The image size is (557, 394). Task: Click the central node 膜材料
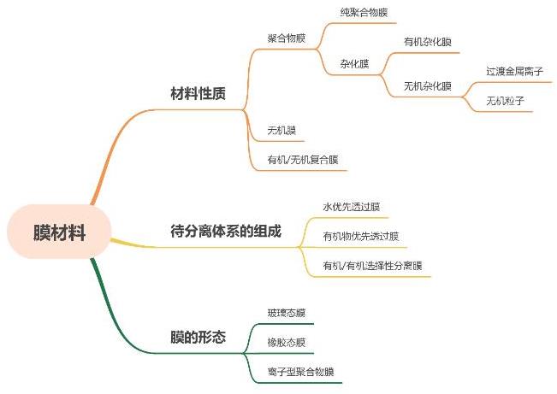click(59, 232)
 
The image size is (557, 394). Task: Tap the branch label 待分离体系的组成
click(226, 232)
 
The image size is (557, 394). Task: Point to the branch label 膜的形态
click(198, 338)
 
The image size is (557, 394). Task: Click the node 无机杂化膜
click(428, 85)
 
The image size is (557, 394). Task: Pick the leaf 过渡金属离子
click(514, 71)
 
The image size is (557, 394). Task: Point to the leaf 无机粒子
click(505, 101)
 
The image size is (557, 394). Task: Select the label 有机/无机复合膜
click(303, 159)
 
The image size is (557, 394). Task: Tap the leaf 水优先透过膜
click(351, 207)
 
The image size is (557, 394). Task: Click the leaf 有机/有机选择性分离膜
click(371, 266)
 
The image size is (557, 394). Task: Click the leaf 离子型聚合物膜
click(300, 372)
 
